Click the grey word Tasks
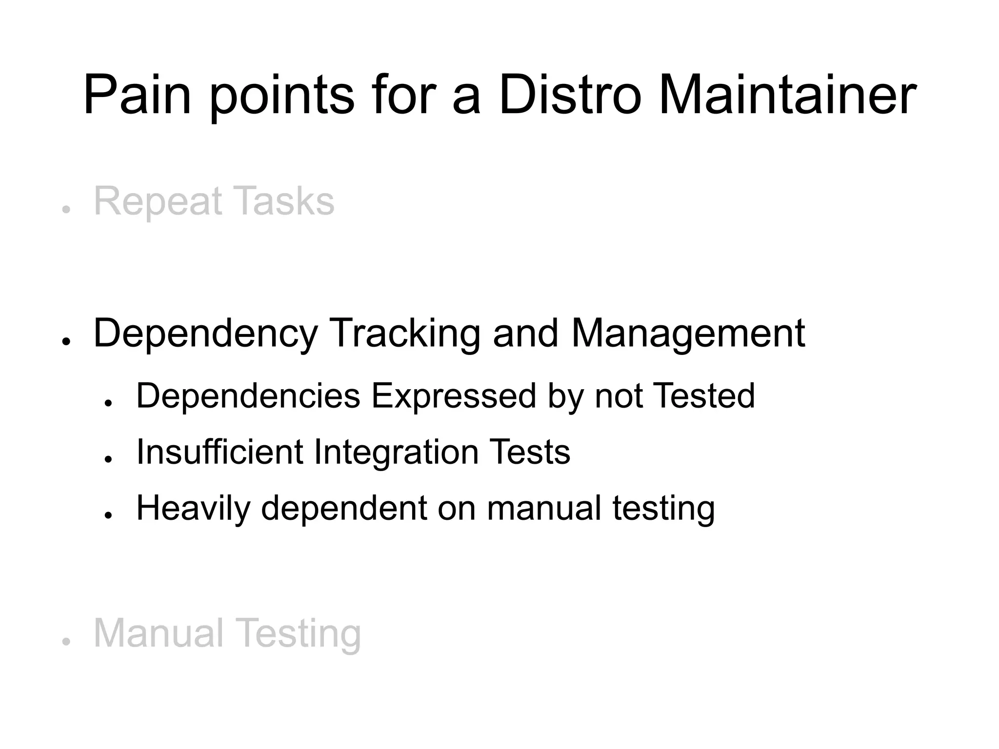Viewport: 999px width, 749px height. pyautogui.click(x=283, y=201)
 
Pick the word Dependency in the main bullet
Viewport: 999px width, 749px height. pyautogui.click(x=205, y=334)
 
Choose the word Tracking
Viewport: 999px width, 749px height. pyautogui.click(x=405, y=333)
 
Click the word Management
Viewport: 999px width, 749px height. pyautogui.click(x=688, y=334)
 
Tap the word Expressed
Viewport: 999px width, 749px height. pyautogui.click(x=454, y=395)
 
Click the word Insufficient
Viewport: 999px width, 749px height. pyautogui.click(x=220, y=452)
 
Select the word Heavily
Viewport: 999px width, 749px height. pyautogui.click(x=193, y=509)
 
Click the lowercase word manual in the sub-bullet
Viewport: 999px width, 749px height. pyautogui.click(x=544, y=508)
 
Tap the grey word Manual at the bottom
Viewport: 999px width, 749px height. pyautogui.click(x=159, y=633)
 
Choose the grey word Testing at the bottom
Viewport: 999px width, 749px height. pyautogui.click(x=300, y=634)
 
